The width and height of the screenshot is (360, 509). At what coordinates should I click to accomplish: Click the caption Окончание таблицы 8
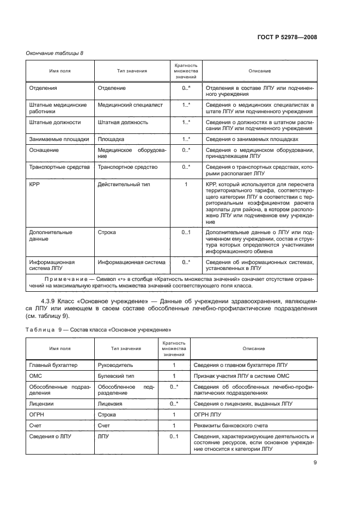tap(54, 52)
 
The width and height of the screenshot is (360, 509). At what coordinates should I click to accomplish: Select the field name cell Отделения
tap(43, 87)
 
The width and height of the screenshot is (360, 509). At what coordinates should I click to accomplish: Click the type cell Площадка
tap(111, 139)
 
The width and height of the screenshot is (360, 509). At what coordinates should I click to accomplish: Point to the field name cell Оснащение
tap(44, 150)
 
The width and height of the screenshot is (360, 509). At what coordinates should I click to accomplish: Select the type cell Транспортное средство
tap(127, 167)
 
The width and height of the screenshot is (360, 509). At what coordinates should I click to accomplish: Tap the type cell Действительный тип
tap(124, 185)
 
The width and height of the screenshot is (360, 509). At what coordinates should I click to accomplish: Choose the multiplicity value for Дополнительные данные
tap(186, 232)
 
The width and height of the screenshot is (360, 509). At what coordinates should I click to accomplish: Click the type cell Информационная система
tap(131, 262)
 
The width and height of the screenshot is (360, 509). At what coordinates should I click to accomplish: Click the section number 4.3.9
tap(49, 301)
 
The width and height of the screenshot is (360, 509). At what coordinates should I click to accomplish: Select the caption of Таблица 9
tap(99, 329)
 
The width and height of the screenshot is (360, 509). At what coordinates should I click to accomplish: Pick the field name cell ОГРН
tap(36, 414)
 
